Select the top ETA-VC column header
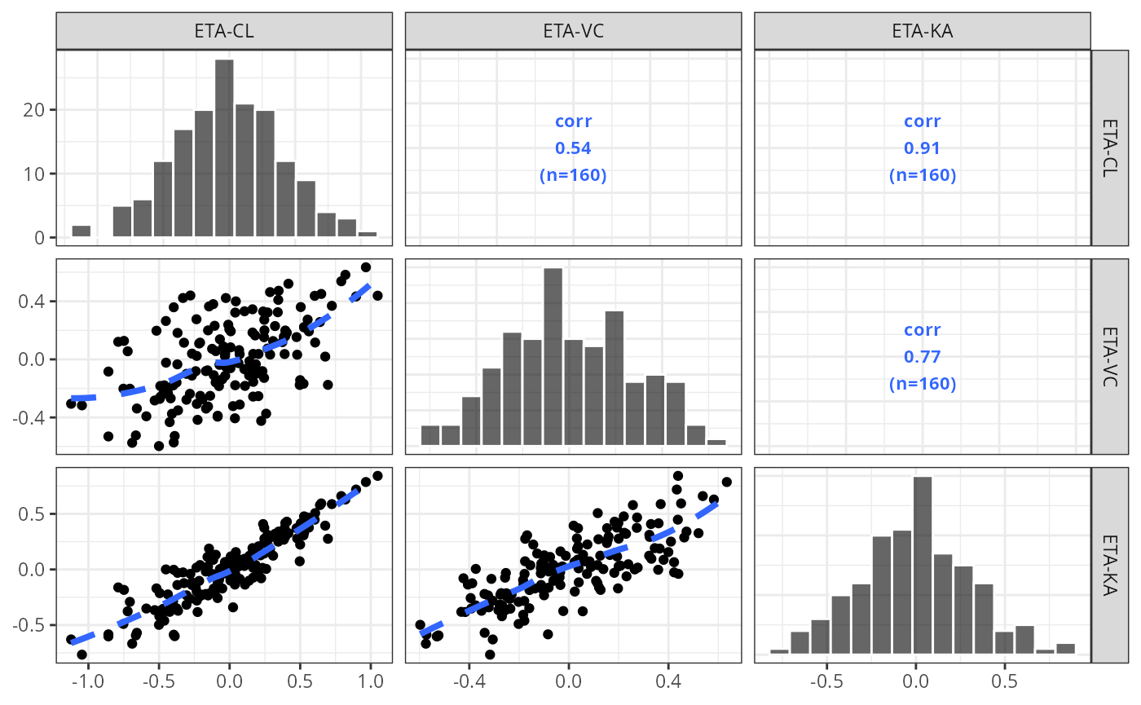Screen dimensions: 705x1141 click(573, 32)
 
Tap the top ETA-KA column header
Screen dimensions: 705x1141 click(923, 32)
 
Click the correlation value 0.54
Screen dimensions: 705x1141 click(573, 148)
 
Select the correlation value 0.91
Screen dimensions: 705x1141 click(923, 148)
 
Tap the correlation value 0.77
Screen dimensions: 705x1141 click(923, 357)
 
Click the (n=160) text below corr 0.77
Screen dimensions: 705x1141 click(923, 383)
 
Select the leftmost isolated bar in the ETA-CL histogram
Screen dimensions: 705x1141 click(81, 231)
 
